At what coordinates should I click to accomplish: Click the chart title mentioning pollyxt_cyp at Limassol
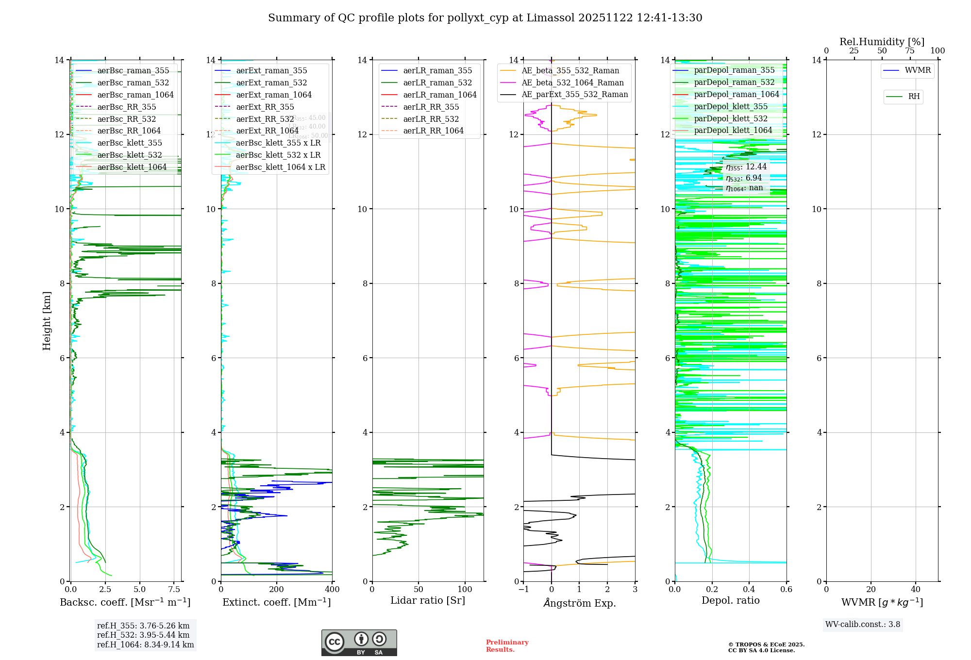click(x=485, y=18)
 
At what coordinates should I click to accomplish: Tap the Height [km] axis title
click(x=47, y=321)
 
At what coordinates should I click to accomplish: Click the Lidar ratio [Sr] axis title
click(x=428, y=600)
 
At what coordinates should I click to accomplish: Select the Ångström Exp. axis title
click(x=579, y=603)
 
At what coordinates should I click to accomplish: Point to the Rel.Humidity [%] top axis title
click(x=882, y=42)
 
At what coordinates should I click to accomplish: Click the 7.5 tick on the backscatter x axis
click(x=174, y=590)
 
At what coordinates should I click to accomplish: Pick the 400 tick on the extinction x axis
click(x=332, y=590)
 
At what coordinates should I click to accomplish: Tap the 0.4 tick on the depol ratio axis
click(x=749, y=590)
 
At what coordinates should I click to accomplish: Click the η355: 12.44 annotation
click(x=746, y=167)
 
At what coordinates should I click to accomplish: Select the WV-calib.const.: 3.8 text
click(x=863, y=625)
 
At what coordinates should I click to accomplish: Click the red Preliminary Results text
click(x=507, y=646)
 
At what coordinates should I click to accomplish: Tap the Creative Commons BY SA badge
click(x=359, y=643)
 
